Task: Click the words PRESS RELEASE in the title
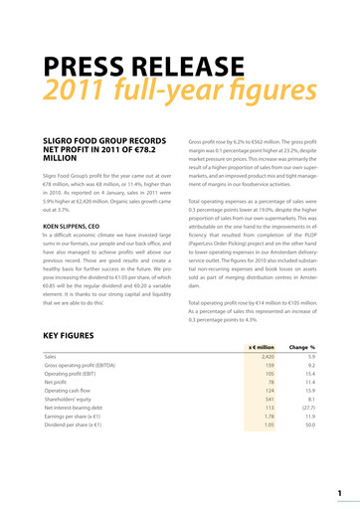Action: click(150, 67)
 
